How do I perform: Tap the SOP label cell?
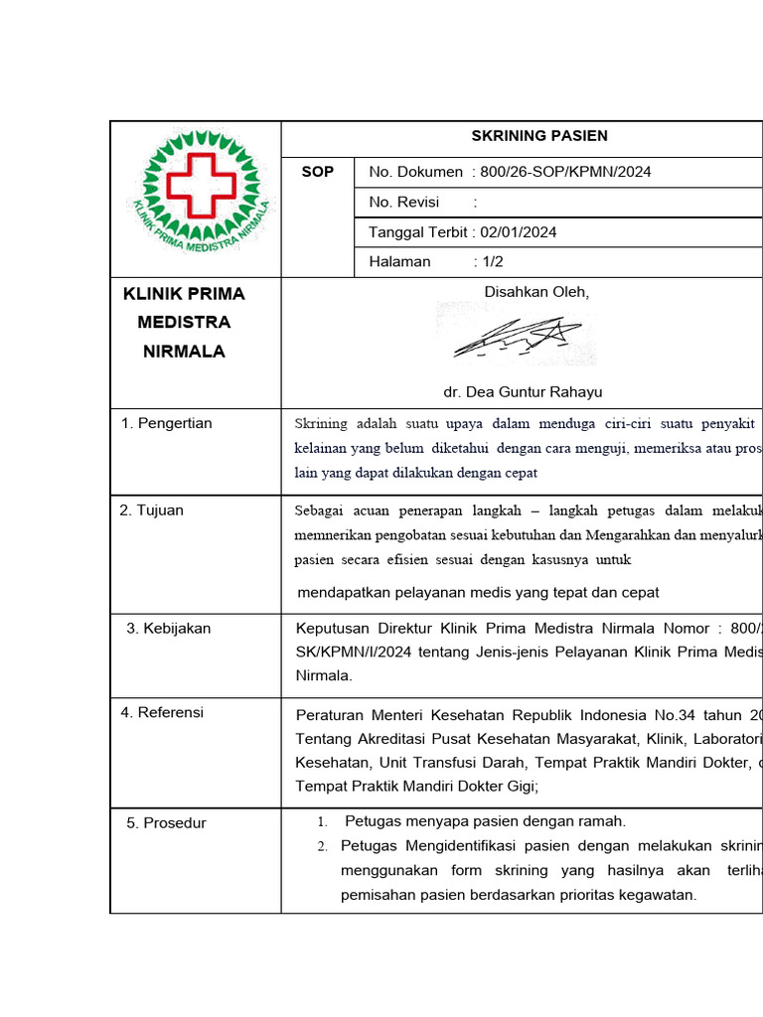coord(318,172)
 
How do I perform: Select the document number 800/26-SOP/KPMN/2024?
coord(565,172)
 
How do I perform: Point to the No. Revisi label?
coord(404,202)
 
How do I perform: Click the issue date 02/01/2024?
coord(519,232)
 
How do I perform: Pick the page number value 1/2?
coord(493,261)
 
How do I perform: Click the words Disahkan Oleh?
coord(536,292)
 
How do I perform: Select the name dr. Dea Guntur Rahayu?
coord(523,391)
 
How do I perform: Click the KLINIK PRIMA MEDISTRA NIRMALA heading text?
coord(184,323)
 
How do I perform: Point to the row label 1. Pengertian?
coord(166,423)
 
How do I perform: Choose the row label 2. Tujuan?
coord(152,510)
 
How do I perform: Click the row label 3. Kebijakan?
coord(168,628)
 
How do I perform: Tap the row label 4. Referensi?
coord(162,712)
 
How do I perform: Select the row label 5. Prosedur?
coord(166,822)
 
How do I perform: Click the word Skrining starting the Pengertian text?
coord(321,424)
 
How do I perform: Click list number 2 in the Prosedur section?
coord(322,846)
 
